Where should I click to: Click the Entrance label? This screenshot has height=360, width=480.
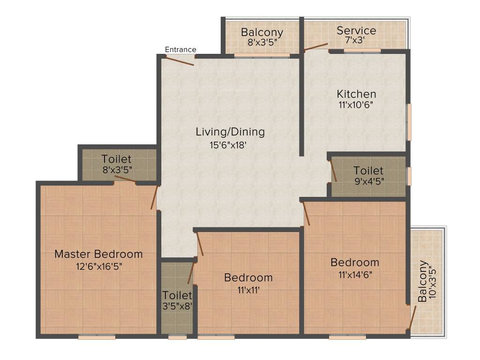pos(180,49)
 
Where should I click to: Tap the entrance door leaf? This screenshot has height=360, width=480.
pos(180,61)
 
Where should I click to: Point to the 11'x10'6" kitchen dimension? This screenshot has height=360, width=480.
pos(356,105)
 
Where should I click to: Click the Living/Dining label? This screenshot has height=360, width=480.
pos(230,132)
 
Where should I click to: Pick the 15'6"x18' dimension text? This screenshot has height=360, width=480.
pos(228,145)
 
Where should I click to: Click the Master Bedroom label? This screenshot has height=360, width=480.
pos(98,254)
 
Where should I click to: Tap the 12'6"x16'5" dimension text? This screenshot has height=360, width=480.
pos(98,266)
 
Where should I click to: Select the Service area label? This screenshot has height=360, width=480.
pos(356,31)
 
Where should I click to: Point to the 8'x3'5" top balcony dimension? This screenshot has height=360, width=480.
pos(262,42)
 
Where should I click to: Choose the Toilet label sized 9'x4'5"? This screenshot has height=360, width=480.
pos(368,171)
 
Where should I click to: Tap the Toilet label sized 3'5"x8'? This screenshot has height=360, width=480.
pos(177,295)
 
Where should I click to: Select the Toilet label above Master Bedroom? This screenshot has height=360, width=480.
pos(116,159)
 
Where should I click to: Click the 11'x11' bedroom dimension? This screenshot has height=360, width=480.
pos(248,290)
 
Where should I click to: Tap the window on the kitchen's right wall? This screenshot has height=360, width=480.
pos(409,122)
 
